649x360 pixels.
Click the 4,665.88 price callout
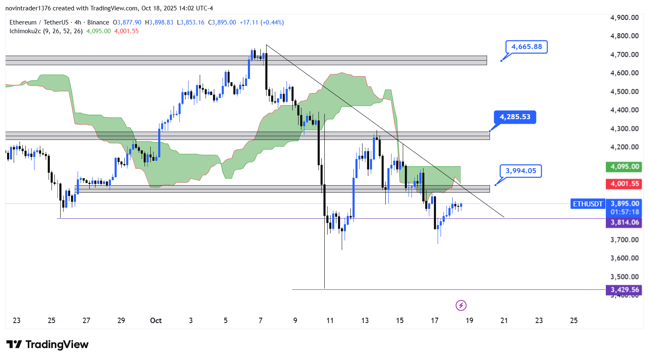pyautogui.click(x=526, y=47)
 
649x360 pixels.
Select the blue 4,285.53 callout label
pyautogui.click(x=515, y=117)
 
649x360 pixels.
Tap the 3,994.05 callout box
pyautogui.click(x=521, y=171)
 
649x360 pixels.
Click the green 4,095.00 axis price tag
pyautogui.click(x=624, y=167)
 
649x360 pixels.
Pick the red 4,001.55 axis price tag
pyautogui.click(x=624, y=184)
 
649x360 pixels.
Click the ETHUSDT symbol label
pyautogui.click(x=588, y=204)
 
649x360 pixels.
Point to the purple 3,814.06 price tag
pyautogui.click(x=624, y=223)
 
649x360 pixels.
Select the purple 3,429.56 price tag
pyautogui.click(x=624, y=290)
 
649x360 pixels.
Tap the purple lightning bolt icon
pyautogui.click(x=461, y=306)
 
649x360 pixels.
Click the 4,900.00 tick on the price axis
pyautogui.click(x=624, y=17)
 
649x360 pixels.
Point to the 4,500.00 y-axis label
pyautogui.click(x=624, y=91)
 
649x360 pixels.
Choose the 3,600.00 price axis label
pyautogui.click(x=624, y=258)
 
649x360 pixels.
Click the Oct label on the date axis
pyautogui.click(x=156, y=321)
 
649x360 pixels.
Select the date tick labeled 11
pyautogui.click(x=330, y=321)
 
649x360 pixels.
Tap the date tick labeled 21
pyautogui.click(x=504, y=321)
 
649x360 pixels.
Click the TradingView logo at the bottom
pyautogui.click(x=47, y=345)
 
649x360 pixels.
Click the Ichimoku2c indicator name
pyautogui.click(x=25, y=31)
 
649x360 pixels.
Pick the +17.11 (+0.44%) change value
pyautogui.click(x=262, y=22)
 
